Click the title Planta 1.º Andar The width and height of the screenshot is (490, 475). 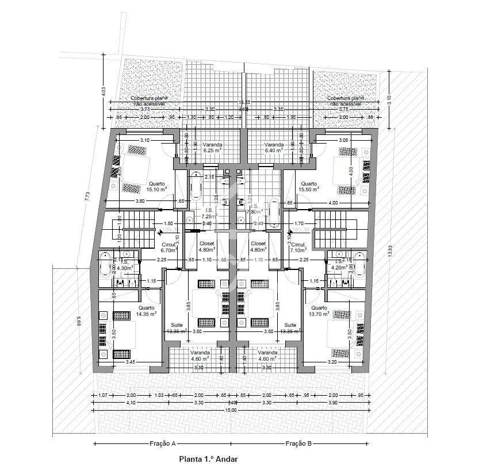208,459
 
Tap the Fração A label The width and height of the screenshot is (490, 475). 163,443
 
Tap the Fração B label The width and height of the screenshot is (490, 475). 299,443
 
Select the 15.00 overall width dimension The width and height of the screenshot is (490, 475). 231,410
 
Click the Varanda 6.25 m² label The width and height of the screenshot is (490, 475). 212,148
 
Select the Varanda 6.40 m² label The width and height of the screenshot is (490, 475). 274,148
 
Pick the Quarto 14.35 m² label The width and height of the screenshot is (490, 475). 147,311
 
